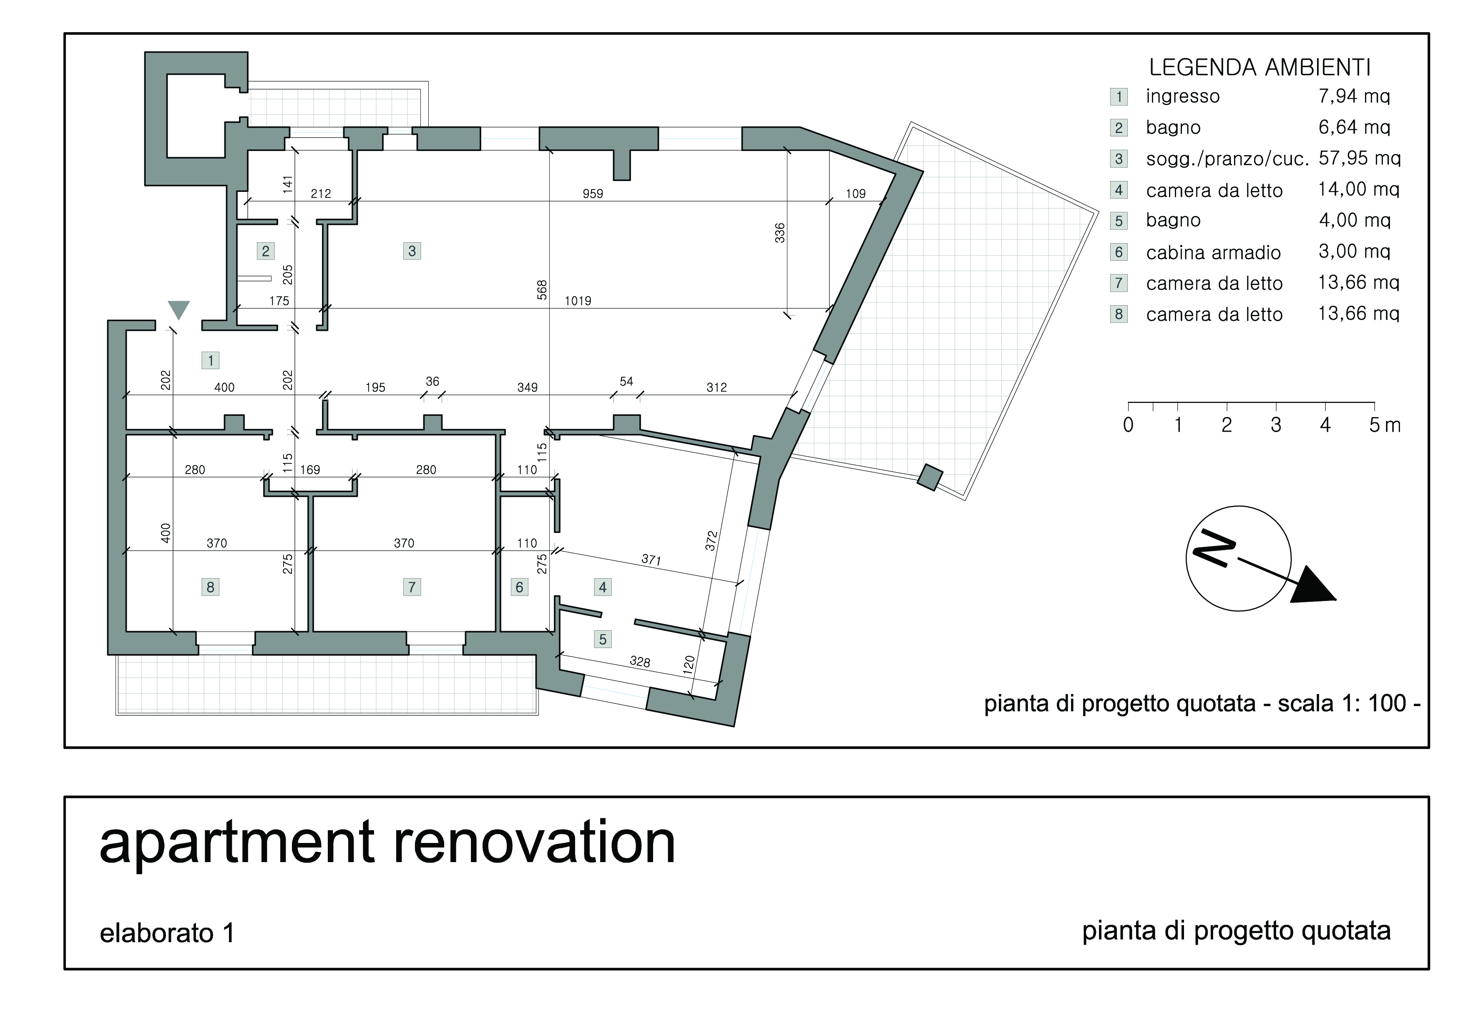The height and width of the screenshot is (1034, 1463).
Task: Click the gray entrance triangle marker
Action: tap(178, 309)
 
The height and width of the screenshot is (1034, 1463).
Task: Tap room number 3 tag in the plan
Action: tap(412, 251)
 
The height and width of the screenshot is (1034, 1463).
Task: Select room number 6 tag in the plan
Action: tap(519, 587)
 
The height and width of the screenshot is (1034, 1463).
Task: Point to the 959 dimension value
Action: tap(593, 194)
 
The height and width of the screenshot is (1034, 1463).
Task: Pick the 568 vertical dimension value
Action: tap(542, 290)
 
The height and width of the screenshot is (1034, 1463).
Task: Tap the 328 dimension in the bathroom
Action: tap(640, 662)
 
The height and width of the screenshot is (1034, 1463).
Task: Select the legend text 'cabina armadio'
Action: tap(1213, 253)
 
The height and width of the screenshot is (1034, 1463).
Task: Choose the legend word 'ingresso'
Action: tap(1183, 96)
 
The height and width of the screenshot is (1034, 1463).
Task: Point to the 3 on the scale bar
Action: tap(1276, 425)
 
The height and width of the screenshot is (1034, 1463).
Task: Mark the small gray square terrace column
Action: tap(930, 477)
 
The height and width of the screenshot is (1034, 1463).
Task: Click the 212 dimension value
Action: tap(321, 194)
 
